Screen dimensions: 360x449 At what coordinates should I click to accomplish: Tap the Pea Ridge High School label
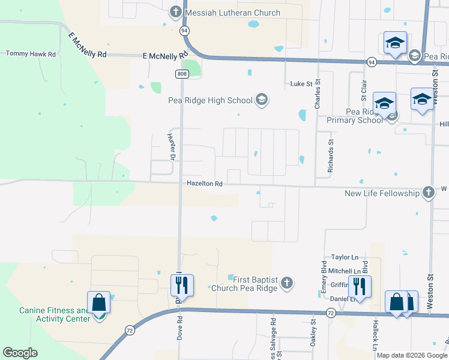[209, 100]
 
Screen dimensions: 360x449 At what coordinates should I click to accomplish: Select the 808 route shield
[182, 74]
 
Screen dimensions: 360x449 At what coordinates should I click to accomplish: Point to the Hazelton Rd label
[204, 184]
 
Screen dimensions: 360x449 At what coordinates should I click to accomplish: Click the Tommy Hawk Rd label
[31, 54]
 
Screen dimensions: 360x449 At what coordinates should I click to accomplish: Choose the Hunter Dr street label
[170, 146]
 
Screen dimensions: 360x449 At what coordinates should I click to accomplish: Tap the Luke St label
[303, 84]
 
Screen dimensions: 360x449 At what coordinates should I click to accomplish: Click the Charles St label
[317, 94]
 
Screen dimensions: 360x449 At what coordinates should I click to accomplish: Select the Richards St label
[330, 156]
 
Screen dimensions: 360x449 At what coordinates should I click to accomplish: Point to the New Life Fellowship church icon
[427, 193]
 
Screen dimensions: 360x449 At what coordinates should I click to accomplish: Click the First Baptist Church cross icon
[287, 283]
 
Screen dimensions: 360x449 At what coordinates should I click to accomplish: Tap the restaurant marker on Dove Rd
[182, 285]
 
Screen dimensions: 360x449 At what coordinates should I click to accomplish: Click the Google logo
[20, 353]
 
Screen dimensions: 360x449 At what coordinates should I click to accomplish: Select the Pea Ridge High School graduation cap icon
[261, 100]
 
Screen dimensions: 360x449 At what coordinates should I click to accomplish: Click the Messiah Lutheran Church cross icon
[175, 12]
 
